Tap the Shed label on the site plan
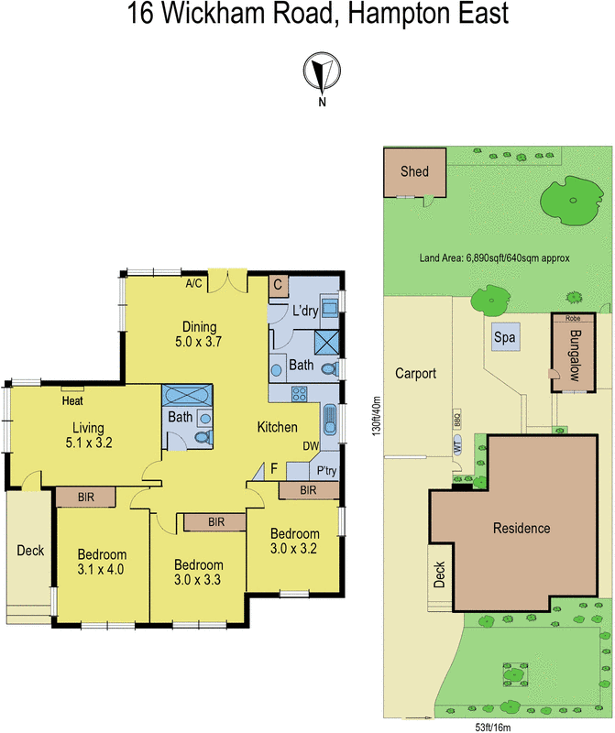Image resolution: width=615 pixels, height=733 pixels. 414,171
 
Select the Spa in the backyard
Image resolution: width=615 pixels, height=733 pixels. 504,337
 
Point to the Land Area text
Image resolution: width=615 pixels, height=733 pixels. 494,258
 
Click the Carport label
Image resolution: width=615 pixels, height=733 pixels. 415,374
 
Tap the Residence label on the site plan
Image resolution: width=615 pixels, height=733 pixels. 522,528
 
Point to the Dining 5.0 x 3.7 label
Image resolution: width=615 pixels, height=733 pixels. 199,334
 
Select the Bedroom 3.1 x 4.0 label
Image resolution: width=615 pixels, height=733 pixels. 101,562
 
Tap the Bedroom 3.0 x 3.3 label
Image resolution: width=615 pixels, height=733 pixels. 198,573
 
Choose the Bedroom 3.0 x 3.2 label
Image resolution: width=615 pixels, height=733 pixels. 294,542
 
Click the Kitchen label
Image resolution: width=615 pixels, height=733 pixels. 276,427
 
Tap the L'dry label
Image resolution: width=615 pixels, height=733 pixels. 304,311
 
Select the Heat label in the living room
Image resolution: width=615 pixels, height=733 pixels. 73,400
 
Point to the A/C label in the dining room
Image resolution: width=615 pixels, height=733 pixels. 194,284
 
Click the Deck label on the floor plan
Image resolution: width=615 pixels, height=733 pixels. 30,551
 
